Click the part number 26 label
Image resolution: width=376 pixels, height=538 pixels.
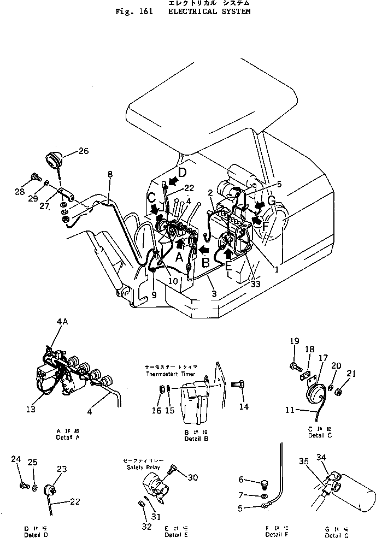pyautogui.click(x=83, y=151)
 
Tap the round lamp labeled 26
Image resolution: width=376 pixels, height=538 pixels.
pyautogui.click(x=54, y=161)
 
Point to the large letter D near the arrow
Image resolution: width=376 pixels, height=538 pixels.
pyautogui.click(x=182, y=173)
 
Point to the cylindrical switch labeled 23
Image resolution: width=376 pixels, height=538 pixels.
pyautogui.click(x=52, y=488)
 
